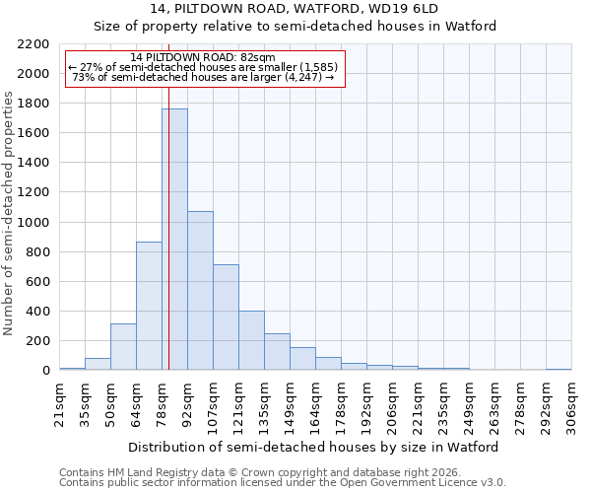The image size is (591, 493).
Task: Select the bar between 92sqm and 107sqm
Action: (x=200, y=291)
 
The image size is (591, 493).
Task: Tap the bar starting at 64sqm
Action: (x=149, y=306)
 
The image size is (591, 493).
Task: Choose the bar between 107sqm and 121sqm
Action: (x=226, y=317)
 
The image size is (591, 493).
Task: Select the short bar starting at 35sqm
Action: (x=98, y=364)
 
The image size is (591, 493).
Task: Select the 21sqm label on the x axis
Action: (x=59, y=403)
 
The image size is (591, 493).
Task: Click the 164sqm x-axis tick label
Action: (x=315, y=403)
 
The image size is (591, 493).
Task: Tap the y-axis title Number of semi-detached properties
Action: (x=10, y=213)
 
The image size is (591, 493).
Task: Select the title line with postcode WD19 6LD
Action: (x=295, y=9)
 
